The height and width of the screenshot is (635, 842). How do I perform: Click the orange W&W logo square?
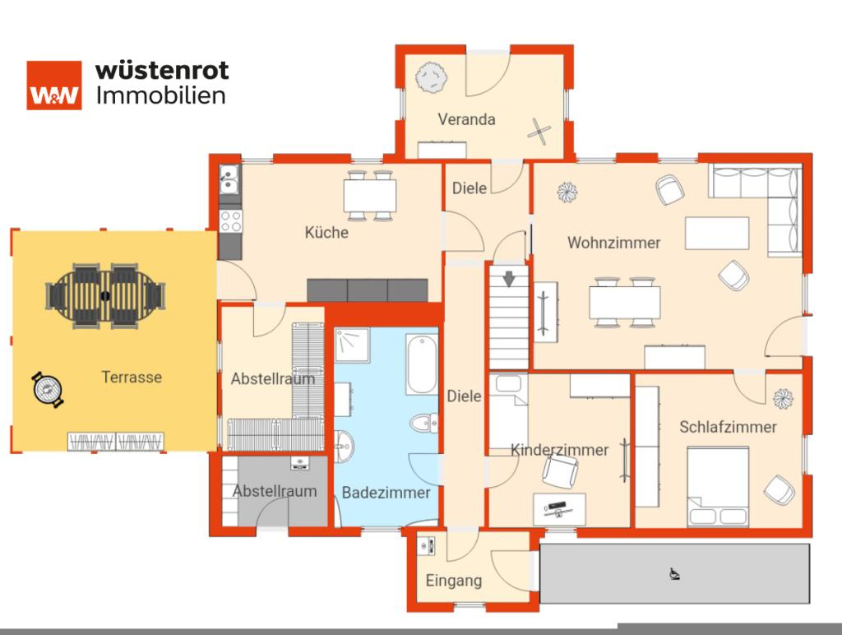[54, 85]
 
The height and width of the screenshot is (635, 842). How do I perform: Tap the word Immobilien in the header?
[161, 95]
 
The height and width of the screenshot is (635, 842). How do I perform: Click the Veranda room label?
[466, 119]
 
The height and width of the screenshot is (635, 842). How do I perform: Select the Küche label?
[326, 233]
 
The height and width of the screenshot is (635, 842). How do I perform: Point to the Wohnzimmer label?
[613, 243]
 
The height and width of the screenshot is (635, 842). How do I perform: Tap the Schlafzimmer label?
[728, 427]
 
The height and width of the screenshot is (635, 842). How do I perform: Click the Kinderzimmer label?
[559, 450]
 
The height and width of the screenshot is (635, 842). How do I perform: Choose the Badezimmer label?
[386, 493]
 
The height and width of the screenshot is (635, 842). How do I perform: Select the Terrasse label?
[132, 378]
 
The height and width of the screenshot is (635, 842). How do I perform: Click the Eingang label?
[453, 581]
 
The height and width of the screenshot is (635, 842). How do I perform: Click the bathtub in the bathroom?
[421, 364]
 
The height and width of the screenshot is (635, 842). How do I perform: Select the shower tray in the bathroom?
[352, 345]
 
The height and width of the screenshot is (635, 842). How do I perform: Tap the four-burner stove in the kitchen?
[230, 220]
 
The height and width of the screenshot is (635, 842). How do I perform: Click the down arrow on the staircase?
[509, 279]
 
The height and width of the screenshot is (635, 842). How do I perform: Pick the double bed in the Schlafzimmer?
[718, 485]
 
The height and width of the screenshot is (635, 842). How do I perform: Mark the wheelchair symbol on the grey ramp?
[674, 574]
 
